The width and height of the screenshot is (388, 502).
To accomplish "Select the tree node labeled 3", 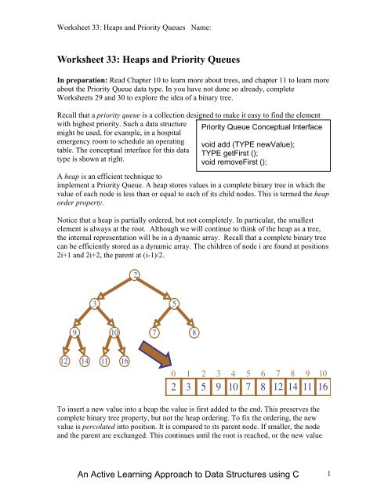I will point(94,303).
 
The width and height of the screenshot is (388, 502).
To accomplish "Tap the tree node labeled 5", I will point(175,303).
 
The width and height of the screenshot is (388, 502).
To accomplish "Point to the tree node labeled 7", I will point(154,332).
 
